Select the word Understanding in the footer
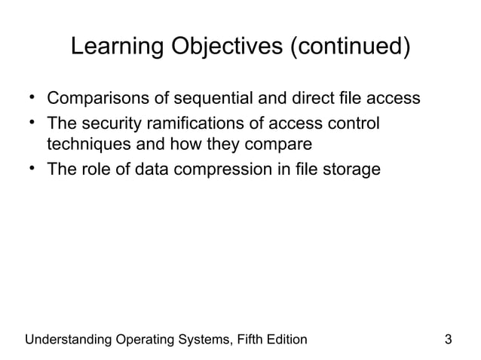pos(66,339)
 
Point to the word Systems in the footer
pos(198,339)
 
